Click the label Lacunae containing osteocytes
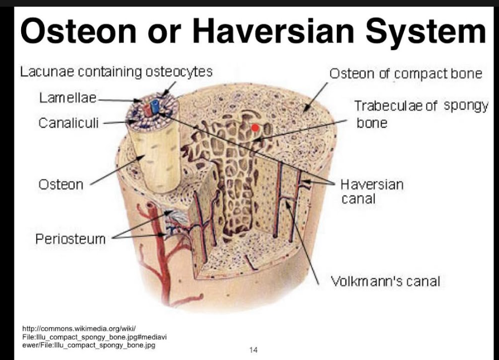(x=116, y=71)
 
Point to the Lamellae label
(x=67, y=98)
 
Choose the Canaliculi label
(x=69, y=123)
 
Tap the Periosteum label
(x=70, y=239)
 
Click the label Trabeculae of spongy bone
(x=420, y=113)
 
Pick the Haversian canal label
(x=371, y=191)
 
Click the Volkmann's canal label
(x=385, y=281)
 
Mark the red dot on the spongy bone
(x=255, y=128)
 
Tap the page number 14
(x=253, y=350)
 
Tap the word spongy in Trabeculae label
(x=466, y=105)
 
